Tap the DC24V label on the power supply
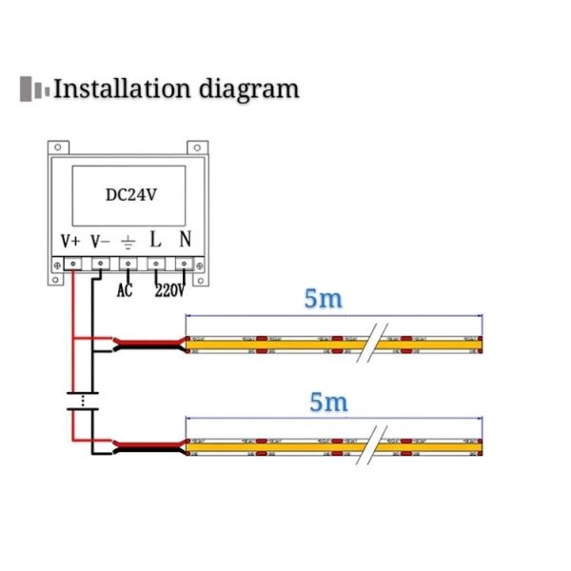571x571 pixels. coord(129,193)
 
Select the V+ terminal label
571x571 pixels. coord(70,240)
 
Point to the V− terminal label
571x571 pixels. coord(100,240)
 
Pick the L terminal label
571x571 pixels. coord(156,239)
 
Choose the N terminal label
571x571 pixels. coord(185,239)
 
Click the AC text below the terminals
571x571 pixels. coord(125,290)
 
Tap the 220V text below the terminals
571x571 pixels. coord(168,290)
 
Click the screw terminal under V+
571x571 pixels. coord(72,264)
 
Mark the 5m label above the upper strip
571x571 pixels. coord(324,298)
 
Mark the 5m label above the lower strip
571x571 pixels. coord(328,401)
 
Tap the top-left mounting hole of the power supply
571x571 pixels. coord(58,147)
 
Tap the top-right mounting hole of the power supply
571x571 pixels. coord(199,147)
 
